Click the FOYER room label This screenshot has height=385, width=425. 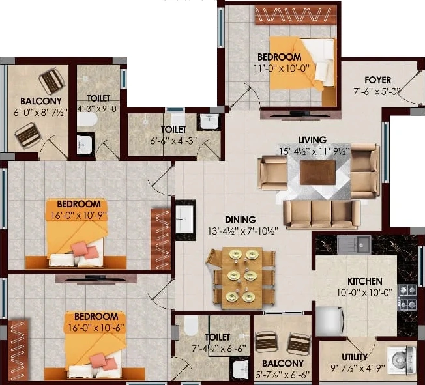point(377,80)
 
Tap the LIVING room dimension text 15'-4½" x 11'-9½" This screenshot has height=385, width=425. point(314,151)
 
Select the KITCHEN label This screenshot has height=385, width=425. point(365,281)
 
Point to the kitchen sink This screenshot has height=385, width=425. point(354,245)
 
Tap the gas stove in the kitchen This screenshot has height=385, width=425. point(407,297)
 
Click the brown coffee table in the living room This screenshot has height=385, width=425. point(317,173)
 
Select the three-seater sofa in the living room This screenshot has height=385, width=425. point(322,214)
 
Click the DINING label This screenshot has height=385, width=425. point(241,220)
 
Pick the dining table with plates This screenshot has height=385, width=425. point(242,278)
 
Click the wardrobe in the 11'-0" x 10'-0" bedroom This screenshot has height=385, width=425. point(296,15)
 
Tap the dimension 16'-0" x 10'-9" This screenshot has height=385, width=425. point(79,216)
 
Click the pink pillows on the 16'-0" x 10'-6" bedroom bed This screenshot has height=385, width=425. point(104,362)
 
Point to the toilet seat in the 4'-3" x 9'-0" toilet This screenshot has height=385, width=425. point(87,119)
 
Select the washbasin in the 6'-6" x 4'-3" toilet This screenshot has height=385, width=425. point(209,121)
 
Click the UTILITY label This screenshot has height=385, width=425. point(354,357)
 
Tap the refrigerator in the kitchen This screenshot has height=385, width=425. point(329,321)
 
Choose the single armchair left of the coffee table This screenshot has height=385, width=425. point(272,173)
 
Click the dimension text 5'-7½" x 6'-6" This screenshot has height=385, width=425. point(282,375)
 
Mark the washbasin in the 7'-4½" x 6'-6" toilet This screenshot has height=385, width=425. point(240,369)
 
